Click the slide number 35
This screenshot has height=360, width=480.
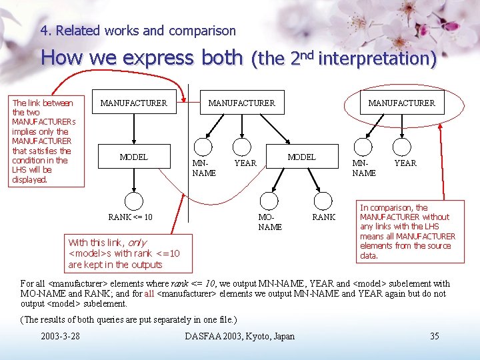[x=434, y=336]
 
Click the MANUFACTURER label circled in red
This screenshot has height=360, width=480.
[x=401, y=103]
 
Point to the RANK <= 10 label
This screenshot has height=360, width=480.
[x=130, y=217]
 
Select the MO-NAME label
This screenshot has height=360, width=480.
[x=270, y=222]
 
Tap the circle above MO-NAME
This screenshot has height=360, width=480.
[x=269, y=201]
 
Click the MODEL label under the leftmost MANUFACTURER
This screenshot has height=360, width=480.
[x=133, y=157]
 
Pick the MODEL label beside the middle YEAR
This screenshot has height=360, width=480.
[x=301, y=157]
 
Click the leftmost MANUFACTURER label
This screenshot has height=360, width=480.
[x=133, y=103]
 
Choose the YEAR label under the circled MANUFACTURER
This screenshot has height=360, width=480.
[x=405, y=163]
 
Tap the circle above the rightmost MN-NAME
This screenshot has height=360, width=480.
[x=363, y=147]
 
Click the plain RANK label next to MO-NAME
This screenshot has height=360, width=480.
[x=324, y=217]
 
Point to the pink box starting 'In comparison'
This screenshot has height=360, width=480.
[x=407, y=231]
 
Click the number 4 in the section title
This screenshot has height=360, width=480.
[x=44, y=31]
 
